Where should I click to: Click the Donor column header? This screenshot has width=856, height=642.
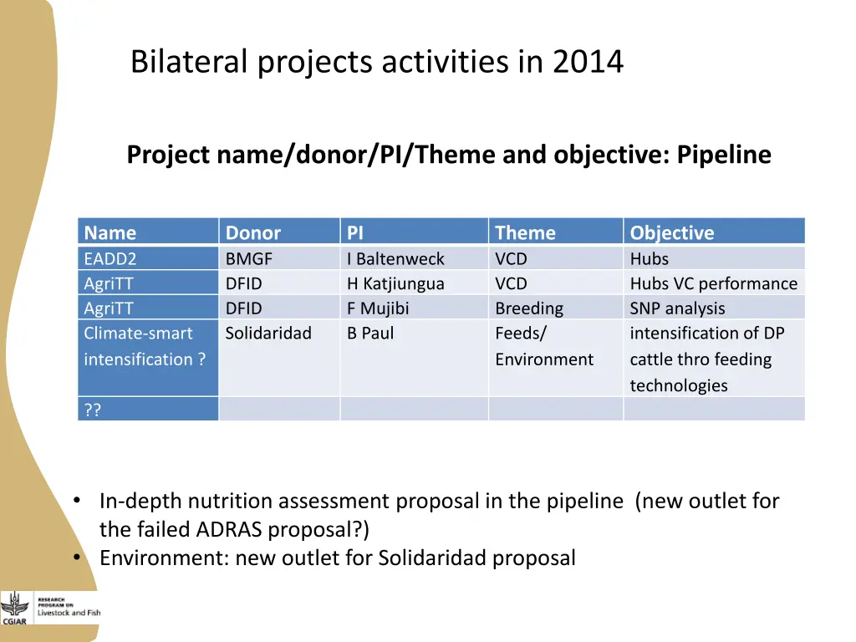(x=253, y=232)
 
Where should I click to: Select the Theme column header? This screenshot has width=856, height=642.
(x=525, y=232)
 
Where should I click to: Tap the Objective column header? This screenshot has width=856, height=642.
(x=672, y=232)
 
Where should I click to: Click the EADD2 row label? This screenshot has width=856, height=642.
(x=110, y=258)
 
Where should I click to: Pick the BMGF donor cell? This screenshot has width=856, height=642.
(x=249, y=258)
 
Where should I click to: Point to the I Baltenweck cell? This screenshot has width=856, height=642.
(x=395, y=258)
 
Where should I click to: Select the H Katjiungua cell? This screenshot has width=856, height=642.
(x=395, y=283)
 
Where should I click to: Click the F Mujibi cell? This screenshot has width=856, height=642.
(x=378, y=308)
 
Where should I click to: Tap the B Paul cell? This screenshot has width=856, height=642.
(x=370, y=334)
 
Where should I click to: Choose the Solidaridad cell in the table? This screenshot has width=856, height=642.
(x=268, y=334)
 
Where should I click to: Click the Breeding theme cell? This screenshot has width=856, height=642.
(x=529, y=308)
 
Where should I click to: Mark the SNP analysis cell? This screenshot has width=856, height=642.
(x=677, y=308)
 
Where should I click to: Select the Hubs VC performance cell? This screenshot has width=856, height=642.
(x=713, y=283)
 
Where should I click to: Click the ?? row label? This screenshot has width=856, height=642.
(x=93, y=410)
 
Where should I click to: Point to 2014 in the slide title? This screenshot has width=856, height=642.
(x=588, y=62)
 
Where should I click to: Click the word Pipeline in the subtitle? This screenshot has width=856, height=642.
(x=724, y=155)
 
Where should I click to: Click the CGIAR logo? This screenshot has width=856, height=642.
(x=14, y=609)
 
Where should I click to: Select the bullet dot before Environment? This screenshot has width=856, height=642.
(x=77, y=558)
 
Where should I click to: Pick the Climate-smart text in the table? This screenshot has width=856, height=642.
(x=138, y=334)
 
